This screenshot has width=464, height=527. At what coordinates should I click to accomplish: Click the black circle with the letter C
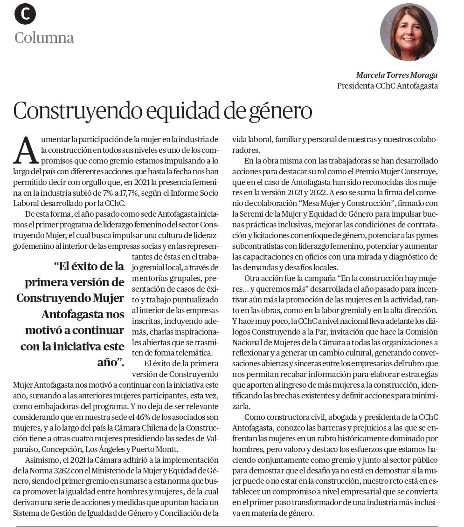25,14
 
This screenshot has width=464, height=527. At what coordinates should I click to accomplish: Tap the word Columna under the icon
44,37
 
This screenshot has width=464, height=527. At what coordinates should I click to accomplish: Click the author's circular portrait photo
409,32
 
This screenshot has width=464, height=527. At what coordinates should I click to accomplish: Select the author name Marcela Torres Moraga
397,75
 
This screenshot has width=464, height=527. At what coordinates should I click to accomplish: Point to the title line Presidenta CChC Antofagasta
387,86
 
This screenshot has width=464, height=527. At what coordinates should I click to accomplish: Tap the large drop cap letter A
25,150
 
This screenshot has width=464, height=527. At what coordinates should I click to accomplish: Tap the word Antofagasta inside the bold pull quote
83,315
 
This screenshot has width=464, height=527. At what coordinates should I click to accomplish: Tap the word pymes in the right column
427,235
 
